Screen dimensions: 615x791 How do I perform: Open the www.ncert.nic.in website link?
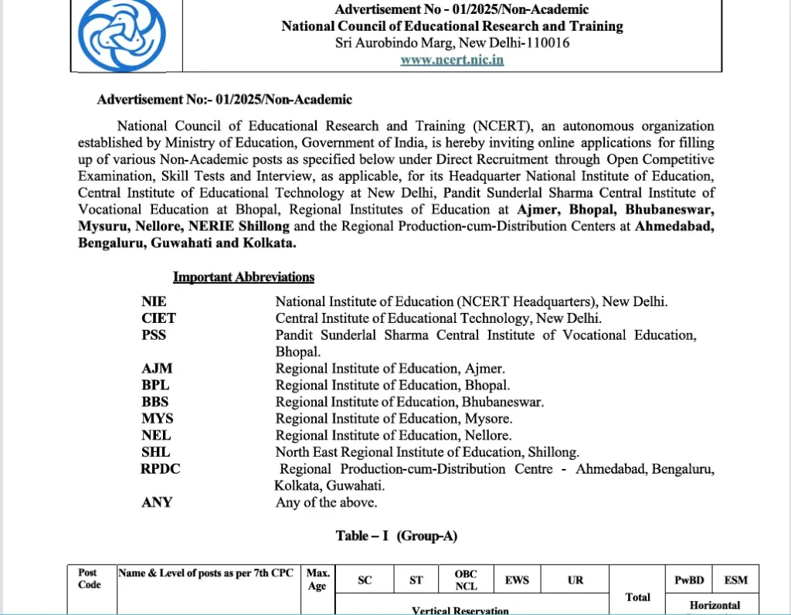click(x=452, y=59)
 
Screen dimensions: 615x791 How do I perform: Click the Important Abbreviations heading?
click(x=243, y=277)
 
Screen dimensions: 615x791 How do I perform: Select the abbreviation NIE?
click(x=154, y=301)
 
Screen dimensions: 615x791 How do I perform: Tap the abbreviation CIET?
click(x=158, y=318)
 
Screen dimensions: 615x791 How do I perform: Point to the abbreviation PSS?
click(x=154, y=335)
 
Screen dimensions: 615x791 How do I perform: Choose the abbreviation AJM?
click(x=157, y=369)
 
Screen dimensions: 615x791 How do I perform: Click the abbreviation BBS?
click(x=155, y=402)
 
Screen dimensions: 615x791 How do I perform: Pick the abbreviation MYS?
click(x=157, y=418)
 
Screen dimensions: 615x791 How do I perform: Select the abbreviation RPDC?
click(x=161, y=469)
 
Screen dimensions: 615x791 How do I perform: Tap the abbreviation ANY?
click(x=157, y=502)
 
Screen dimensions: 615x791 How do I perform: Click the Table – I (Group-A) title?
click(x=396, y=535)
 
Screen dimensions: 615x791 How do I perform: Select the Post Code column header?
click(x=89, y=579)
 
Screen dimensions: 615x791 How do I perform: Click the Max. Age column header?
click(x=317, y=579)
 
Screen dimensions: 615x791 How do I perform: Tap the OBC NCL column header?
click(x=465, y=579)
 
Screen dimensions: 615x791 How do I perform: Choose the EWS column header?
click(x=517, y=579)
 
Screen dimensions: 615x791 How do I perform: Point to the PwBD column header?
click(x=689, y=579)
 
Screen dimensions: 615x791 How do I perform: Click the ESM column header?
click(x=735, y=579)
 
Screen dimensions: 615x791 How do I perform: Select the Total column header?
click(x=637, y=596)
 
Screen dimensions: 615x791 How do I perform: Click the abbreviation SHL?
click(x=155, y=452)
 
